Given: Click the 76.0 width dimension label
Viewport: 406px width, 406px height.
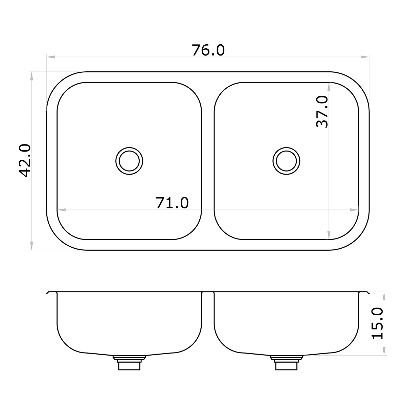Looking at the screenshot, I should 208,50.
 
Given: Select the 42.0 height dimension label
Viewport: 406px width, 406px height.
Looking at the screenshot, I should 25,160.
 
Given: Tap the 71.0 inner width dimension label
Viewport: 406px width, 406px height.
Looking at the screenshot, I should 172,203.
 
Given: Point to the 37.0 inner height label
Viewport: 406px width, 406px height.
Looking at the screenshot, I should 322,112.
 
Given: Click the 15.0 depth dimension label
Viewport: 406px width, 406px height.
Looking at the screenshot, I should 377,323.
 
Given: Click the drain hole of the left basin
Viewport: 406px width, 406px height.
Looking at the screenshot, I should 129,161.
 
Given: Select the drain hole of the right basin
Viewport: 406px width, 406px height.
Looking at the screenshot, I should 286,161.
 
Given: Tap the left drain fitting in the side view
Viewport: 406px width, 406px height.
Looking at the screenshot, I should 129,363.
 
